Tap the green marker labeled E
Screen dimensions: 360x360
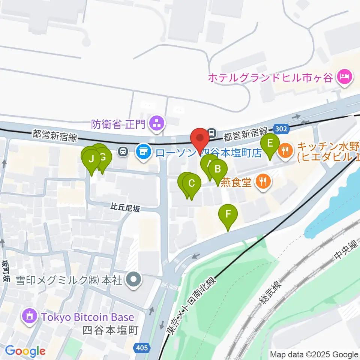[x=270, y=144]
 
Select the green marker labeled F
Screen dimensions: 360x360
[x=228, y=215]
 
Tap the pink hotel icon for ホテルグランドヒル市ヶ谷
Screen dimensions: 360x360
[x=344, y=78]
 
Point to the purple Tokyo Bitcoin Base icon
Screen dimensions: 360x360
[x=30, y=317]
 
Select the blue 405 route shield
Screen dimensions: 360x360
[x=142, y=348]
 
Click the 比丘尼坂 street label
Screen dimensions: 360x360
[x=125, y=207]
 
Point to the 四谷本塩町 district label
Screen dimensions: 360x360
[x=111, y=330]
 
